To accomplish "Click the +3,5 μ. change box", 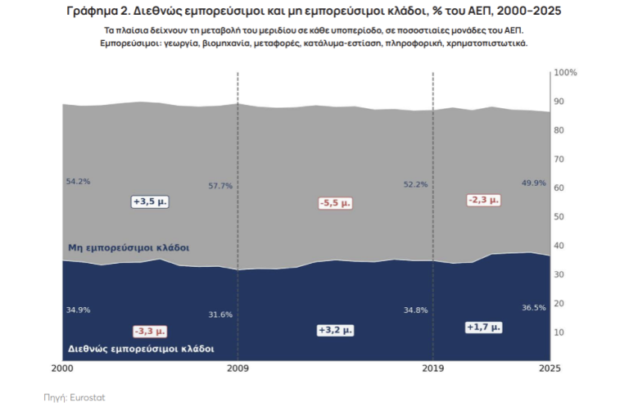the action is (x=150, y=201).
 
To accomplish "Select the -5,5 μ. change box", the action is (x=335, y=203).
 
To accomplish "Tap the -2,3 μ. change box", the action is (x=484, y=200).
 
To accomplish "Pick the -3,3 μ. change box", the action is (x=150, y=331).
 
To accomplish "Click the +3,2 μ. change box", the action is (x=335, y=330).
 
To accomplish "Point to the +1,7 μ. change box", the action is (x=484, y=328).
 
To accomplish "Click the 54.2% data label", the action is (x=79, y=182).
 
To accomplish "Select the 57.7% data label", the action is (x=220, y=186).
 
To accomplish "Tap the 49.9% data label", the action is (x=533, y=183).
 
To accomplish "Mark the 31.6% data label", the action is (x=220, y=314).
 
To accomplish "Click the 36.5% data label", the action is (x=533, y=308).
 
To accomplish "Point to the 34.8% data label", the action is (x=415, y=310).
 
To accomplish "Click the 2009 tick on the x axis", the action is (x=238, y=369).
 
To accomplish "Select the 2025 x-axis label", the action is (x=550, y=369).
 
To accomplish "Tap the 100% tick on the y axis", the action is (x=565, y=73).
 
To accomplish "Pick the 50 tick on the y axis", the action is (x=559, y=217).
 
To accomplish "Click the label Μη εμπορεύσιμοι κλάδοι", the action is (x=129, y=248).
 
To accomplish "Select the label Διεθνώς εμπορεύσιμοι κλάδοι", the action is (x=141, y=349).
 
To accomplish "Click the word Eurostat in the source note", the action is (x=88, y=398).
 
